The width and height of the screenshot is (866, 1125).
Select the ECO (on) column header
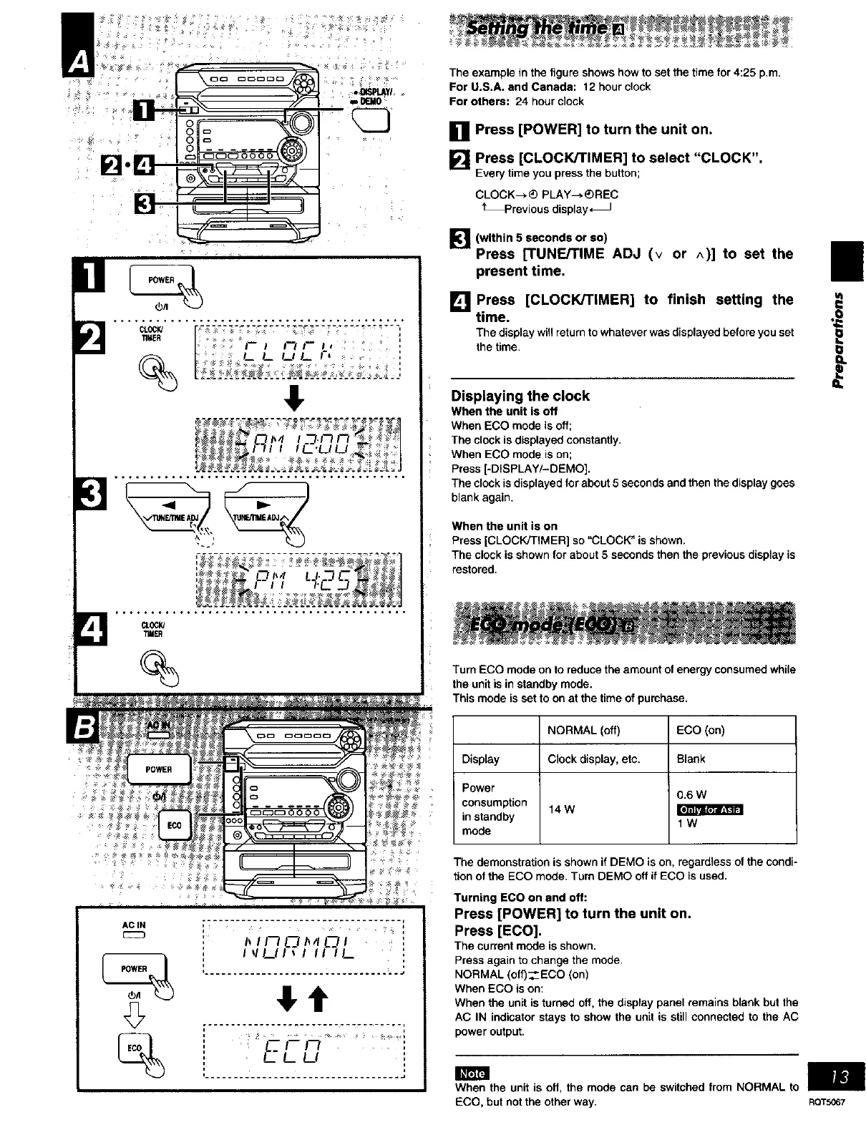(700, 730)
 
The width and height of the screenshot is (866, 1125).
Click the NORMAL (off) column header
(583, 730)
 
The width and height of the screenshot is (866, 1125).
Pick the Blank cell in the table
(691, 759)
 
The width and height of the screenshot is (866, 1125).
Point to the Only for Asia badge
(710, 809)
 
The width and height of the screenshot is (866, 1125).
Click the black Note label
(472, 1073)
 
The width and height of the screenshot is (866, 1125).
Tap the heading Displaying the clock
(520, 396)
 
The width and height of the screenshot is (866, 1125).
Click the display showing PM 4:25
(298, 580)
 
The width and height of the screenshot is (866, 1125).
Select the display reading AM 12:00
(298, 445)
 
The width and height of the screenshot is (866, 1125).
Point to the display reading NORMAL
(304, 949)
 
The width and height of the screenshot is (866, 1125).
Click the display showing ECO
(304, 1051)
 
